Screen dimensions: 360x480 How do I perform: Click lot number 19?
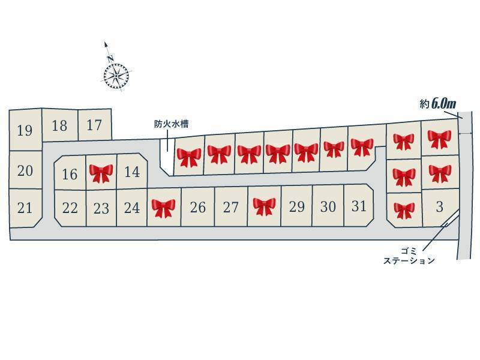pyautogui.click(x=25, y=130)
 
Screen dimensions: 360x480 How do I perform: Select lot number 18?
pyautogui.click(x=59, y=125)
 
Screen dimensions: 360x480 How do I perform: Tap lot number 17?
pyautogui.click(x=94, y=125)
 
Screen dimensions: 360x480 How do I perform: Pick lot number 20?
pyautogui.click(x=25, y=171)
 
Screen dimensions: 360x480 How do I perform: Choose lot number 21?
pyautogui.click(x=25, y=208)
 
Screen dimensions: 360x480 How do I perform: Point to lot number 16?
pyautogui.click(x=70, y=174)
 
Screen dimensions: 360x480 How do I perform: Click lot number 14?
pyautogui.click(x=132, y=172)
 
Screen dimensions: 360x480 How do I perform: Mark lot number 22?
pyautogui.click(x=70, y=208)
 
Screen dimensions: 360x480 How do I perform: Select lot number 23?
pyautogui.click(x=101, y=209)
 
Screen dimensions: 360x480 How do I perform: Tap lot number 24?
pyautogui.click(x=132, y=208)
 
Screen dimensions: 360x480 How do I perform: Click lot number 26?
pyautogui.click(x=197, y=208)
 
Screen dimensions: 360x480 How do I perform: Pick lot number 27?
pyautogui.click(x=231, y=208)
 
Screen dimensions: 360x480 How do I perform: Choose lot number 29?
pyautogui.click(x=297, y=207)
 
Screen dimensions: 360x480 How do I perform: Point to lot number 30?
pyautogui.click(x=328, y=206)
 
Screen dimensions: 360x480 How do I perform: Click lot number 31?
pyautogui.click(x=359, y=206)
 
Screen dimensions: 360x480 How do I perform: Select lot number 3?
pyautogui.click(x=439, y=206)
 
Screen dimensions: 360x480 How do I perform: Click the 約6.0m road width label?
pyautogui.click(x=437, y=104)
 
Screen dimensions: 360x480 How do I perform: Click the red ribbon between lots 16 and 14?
pyautogui.click(x=101, y=173)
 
